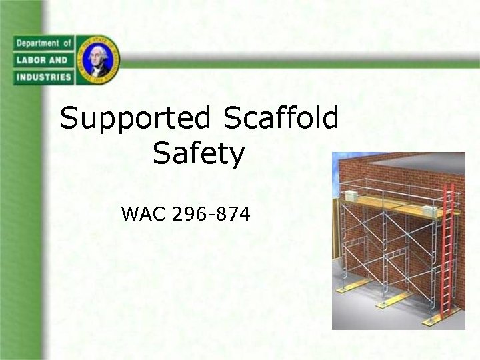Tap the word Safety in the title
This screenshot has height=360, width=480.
click(199, 155)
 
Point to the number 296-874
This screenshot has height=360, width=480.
click(211, 214)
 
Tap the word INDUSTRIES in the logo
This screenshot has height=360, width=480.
click(42, 77)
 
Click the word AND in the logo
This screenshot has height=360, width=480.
click(59, 60)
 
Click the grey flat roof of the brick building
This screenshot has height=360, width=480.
click(413, 163)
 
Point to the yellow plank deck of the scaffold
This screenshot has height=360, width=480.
click(393, 203)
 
